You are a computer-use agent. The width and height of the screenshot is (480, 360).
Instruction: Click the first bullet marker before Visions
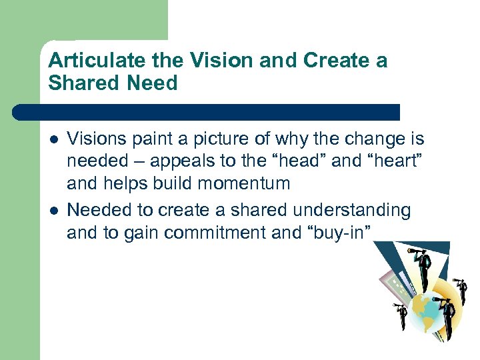tap(53, 140)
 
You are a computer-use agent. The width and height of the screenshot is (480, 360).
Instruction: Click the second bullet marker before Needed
tap(53, 211)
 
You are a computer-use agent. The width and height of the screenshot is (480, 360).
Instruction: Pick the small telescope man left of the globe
tap(401, 317)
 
